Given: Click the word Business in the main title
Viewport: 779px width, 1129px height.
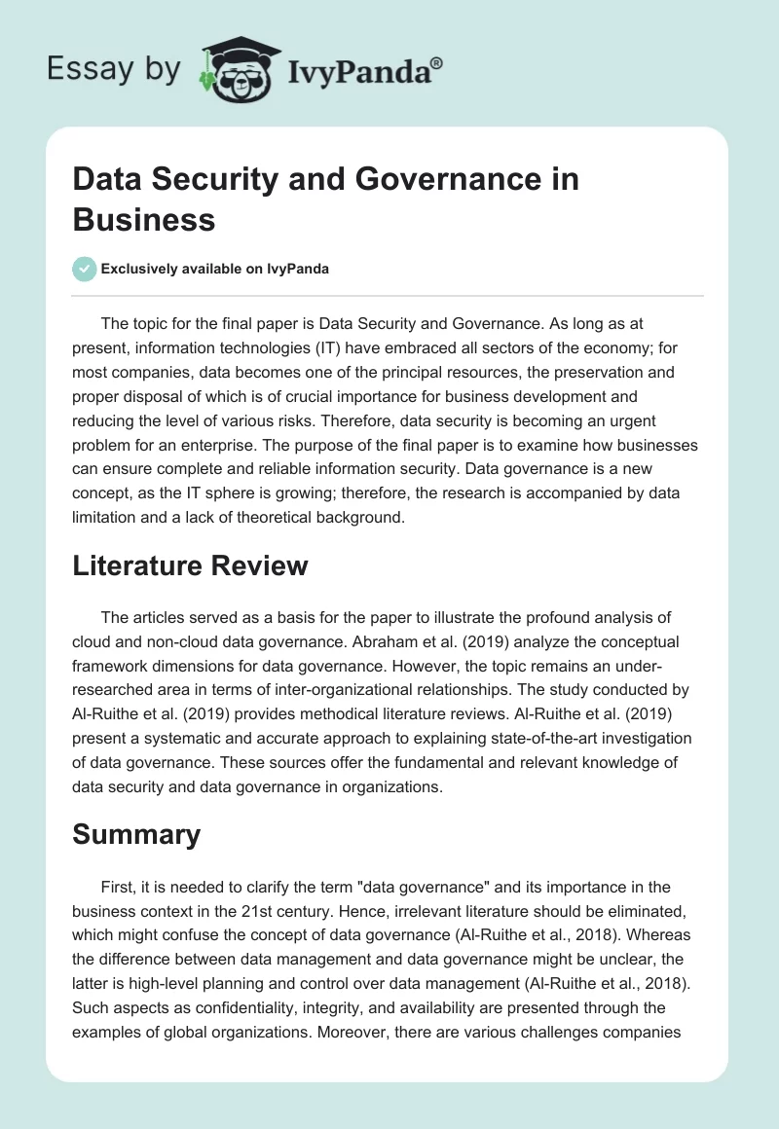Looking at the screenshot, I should point(144,219).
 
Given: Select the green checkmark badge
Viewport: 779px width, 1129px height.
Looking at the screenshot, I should point(84,269).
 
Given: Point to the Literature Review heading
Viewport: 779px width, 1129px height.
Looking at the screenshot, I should point(190,564).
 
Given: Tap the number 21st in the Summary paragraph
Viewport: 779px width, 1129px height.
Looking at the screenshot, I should point(343,912).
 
